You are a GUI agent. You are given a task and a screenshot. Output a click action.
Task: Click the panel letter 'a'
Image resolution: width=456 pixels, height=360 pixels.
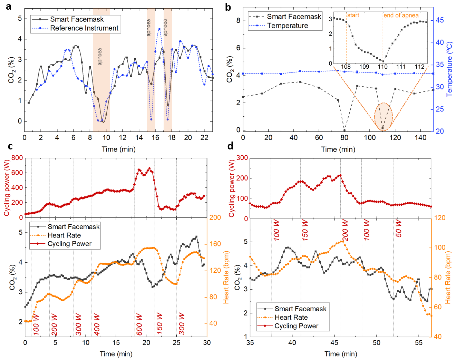[x=8, y=7]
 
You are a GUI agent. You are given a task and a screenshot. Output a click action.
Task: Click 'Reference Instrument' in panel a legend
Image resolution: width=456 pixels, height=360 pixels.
[x=84, y=28]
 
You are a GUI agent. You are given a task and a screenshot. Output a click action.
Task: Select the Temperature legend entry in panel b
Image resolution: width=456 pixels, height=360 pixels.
[x=287, y=26]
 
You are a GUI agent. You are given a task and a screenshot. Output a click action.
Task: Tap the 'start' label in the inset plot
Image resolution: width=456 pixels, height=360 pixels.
[x=353, y=15]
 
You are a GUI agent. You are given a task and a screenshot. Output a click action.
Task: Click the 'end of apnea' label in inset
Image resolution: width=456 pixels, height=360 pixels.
[x=401, y=15]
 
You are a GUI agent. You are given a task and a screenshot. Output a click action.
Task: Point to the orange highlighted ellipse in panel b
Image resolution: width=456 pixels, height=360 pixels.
[x=384, y=117]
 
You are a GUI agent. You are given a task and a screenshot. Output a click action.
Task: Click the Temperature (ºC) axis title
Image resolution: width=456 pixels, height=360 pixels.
[x=449, y=69]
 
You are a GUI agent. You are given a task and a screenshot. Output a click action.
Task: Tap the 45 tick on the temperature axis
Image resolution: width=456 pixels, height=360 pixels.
[x=439, y=20]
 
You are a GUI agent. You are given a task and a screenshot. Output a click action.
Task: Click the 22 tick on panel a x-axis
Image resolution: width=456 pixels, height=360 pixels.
[x=204, y=138]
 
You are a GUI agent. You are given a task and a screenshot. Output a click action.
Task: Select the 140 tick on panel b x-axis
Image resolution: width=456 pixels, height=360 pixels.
[x=420, y=138]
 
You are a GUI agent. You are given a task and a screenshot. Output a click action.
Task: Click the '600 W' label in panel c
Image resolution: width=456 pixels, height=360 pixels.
[x=139, y=324]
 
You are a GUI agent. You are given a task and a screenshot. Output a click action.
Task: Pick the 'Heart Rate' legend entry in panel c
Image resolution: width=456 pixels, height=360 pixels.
[x=64, y=235]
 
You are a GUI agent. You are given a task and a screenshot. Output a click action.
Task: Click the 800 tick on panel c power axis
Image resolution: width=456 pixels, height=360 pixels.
[x=17, y=158]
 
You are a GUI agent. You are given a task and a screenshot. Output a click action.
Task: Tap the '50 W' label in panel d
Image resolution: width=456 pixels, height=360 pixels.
[x=399, y=228]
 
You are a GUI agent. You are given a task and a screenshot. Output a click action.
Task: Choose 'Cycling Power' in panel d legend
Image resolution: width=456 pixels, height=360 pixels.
[x=296, y=326]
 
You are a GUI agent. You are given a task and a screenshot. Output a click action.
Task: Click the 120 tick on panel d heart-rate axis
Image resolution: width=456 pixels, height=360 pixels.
[x=439, y=218]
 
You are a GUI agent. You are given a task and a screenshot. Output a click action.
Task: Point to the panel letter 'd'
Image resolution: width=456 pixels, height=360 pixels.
[x=230, y=146]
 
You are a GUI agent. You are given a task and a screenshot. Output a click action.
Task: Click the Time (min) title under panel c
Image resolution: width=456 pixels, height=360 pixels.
[x=116, y=354]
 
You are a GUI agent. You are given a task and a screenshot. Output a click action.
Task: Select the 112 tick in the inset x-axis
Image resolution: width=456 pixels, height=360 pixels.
[x=419, y=67]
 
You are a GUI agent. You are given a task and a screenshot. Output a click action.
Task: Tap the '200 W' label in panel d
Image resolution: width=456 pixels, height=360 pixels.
[x=345, y=230]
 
